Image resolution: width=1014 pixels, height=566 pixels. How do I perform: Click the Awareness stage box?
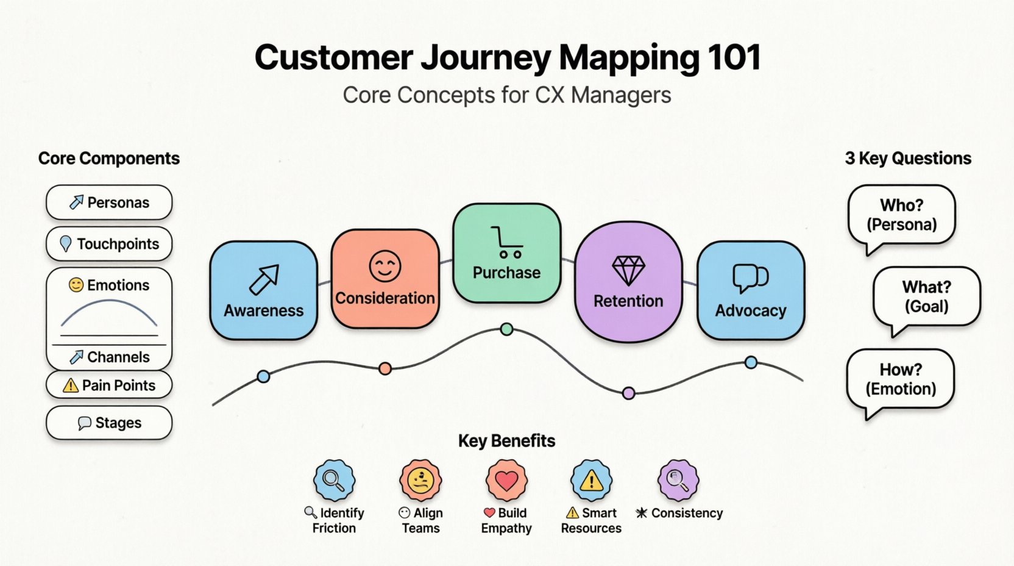click(263, 290)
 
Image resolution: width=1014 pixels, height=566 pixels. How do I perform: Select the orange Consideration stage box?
click(385, 279)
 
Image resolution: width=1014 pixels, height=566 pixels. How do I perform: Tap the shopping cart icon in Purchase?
click(506, 242)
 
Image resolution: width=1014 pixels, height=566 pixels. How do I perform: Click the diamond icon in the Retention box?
click(628, 270)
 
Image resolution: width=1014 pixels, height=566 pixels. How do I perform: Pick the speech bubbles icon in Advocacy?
click(750, 278)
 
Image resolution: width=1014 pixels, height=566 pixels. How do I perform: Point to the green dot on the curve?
click(506, 330)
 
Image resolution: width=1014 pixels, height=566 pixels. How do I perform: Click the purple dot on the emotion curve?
click(629, 393)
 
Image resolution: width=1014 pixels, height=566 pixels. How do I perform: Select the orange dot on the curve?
click(385, 368)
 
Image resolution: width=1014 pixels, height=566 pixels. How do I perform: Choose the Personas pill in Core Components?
click(109, 202)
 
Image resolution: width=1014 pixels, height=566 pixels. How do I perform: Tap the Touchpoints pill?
click(109, 244)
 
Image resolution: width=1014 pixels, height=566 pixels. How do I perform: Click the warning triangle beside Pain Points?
click(71, 385)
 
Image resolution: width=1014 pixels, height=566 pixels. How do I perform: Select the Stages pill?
click(109, 423)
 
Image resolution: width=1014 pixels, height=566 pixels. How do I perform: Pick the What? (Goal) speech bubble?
click(926, 296)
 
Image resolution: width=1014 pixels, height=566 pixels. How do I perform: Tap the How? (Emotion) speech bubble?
click(901, 379)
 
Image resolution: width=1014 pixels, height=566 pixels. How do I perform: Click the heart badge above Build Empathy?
click(506, 481)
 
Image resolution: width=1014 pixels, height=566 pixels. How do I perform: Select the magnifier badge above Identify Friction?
click(334, 481)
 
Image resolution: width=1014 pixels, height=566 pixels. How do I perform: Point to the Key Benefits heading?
click(506, 441)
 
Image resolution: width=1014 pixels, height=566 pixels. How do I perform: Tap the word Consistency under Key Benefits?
click(687, 513)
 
